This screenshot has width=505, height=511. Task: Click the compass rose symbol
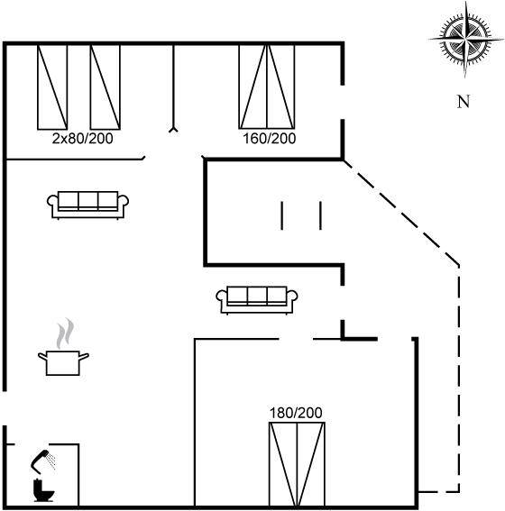click(465, 40)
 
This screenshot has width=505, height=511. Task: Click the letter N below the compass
click(464, 102)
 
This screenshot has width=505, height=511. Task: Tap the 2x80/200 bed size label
click(82, 139)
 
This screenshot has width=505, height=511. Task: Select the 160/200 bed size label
click(270, 139)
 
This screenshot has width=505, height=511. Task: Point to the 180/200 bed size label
click(296, 413)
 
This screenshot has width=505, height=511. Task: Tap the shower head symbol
click(42, 461)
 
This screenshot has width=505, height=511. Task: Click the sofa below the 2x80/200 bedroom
click(87, 205)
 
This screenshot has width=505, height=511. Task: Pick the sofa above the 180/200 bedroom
click(257, 300)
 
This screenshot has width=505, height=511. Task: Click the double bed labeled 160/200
click(267, 87)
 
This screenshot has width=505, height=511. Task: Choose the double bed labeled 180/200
click(297, 464)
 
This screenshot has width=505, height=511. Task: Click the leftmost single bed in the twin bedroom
click(52, 87)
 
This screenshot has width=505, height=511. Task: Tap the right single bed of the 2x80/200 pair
click(105, 87)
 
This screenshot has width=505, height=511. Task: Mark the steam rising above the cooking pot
click(65, 333)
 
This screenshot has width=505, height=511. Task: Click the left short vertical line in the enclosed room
click(282, 215)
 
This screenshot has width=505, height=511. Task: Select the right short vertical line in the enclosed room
click(320, 215)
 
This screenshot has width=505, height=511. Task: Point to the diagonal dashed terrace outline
click(401, 212)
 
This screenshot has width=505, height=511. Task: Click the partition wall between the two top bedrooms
click(173, 88)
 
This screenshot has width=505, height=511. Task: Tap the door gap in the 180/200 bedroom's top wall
click(296, 339)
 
